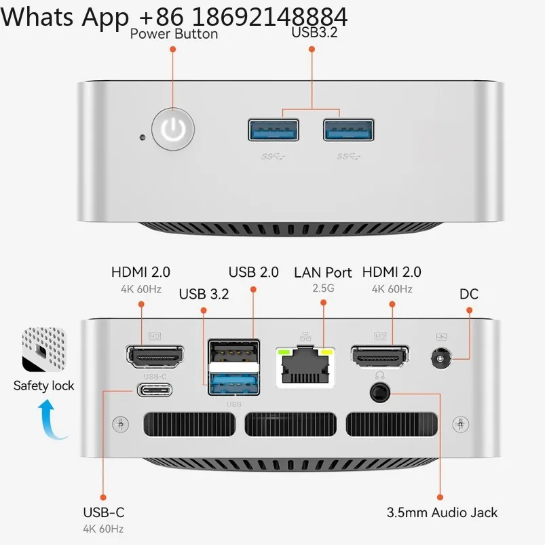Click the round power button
(x=173, y=129)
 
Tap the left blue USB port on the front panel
(x=274, y=130)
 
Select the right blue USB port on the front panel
(x=349, y=130)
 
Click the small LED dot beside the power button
(x=142, y=137)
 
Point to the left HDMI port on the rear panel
(x=155, y=356)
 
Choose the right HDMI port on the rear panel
(x=380, y=356)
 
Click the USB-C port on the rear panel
(x=155, y=390)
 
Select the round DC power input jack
(x=441, y=359)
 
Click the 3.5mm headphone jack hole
(x=380, y=393)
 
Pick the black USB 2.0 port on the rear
(x=234, y=352)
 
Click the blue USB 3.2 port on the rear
(x=234, y=383)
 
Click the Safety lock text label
(x=44, y=386)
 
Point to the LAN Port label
(x=323, y=273)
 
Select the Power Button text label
(x=174, y=34)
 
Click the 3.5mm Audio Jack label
(x=442, y=512)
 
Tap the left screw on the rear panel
(x=121, y=424)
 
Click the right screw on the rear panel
(x=461, y=424)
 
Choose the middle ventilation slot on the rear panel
(x=290, y=424)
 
